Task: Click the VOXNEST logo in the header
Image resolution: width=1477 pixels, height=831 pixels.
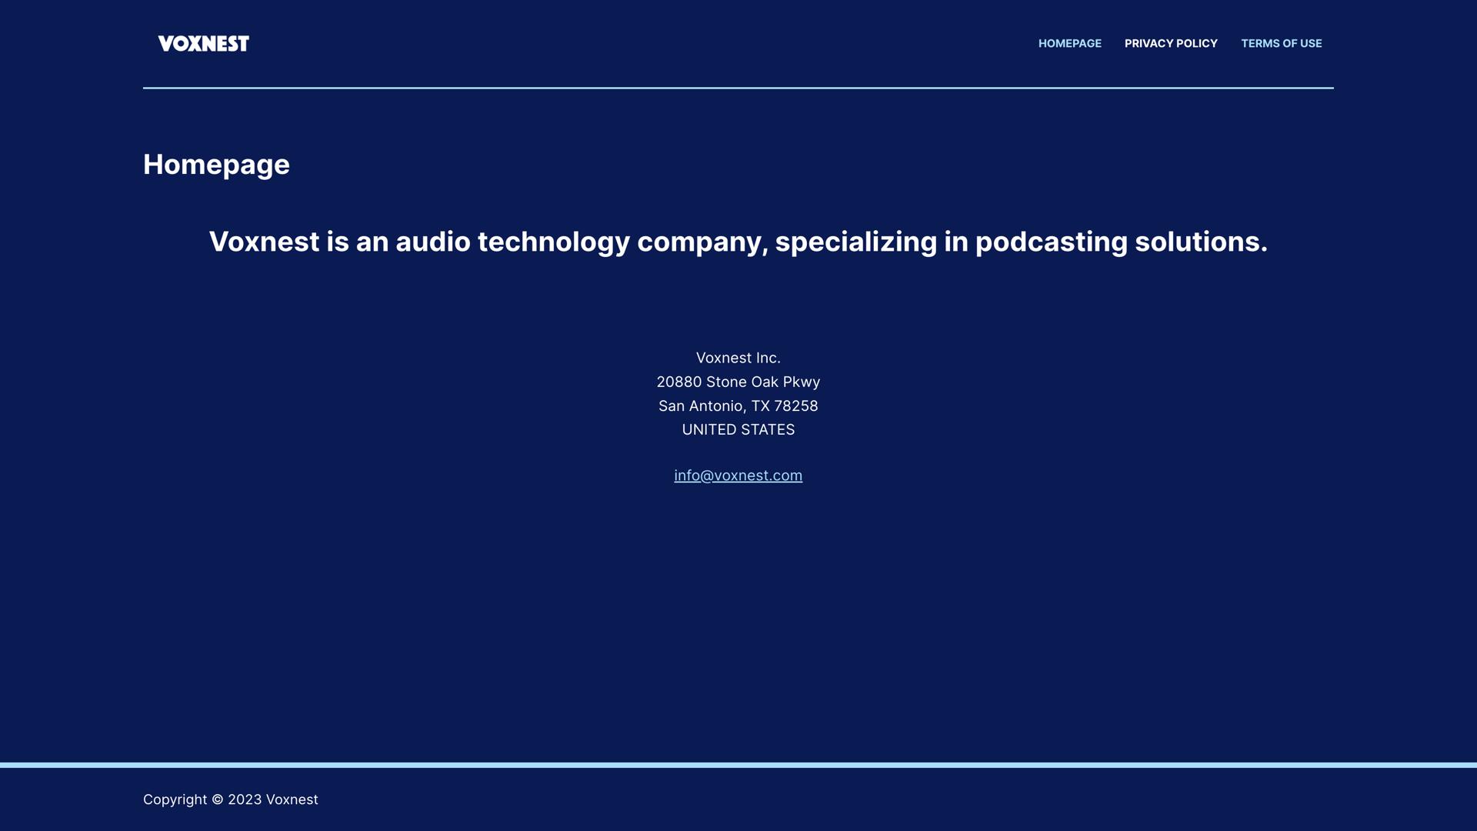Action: (204, 44)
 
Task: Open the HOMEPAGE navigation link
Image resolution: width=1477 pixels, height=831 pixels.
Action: (1070, 44)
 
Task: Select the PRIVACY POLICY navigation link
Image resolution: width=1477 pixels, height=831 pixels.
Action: (1171, 44)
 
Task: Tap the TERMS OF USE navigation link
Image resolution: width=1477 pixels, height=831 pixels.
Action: (1282, 44)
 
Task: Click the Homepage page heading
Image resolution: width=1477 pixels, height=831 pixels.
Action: (216, 165)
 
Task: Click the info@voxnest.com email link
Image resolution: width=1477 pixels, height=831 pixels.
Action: (738, 476)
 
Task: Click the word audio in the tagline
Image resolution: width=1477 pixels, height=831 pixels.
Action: (433, 242)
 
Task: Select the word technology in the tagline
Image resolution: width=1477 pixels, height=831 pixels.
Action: (554, 242)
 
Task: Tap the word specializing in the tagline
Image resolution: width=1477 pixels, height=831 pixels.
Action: (856, 242)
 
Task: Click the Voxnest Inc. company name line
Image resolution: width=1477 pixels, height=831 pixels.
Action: (738, 358)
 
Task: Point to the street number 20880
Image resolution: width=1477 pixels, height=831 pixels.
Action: (679, 382)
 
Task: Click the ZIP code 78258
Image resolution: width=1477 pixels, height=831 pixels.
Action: (796, 405)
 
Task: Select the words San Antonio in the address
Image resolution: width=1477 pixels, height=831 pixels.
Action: (701, 405)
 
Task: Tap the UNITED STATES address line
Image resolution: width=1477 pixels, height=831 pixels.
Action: (738, 429)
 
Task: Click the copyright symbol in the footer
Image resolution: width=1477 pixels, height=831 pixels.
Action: (218, 799)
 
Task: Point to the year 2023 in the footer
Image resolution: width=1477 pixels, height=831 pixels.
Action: (245, 799)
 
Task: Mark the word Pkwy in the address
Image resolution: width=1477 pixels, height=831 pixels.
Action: (802, 382)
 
